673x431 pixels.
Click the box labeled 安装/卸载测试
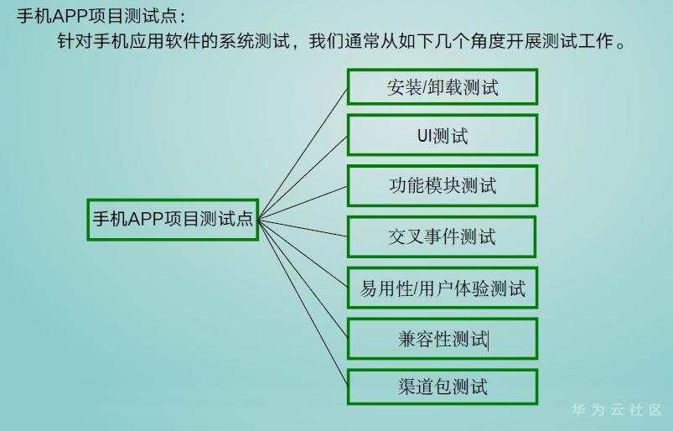[442, 86]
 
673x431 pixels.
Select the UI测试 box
[442, 135]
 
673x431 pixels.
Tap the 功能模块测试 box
[442, 186]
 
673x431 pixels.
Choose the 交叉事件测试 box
[442, 237]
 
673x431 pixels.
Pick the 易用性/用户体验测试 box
[442, 288]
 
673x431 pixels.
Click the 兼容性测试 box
[442, 339]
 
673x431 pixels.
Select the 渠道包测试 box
[442, 387]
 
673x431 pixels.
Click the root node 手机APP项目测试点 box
[173, 220]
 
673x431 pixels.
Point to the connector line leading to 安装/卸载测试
[303, 153]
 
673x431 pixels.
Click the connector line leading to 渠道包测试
[303, 302]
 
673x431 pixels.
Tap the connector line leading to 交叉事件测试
[303, 227]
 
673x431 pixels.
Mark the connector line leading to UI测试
[303, 178]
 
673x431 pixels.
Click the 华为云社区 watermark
[617, 409]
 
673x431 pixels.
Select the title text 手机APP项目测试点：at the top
[101, 16]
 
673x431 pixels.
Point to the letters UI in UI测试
[424, 136]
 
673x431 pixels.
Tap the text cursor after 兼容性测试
[489, 340]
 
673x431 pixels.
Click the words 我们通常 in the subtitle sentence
[344, 41]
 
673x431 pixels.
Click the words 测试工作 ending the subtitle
[577, 41]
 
